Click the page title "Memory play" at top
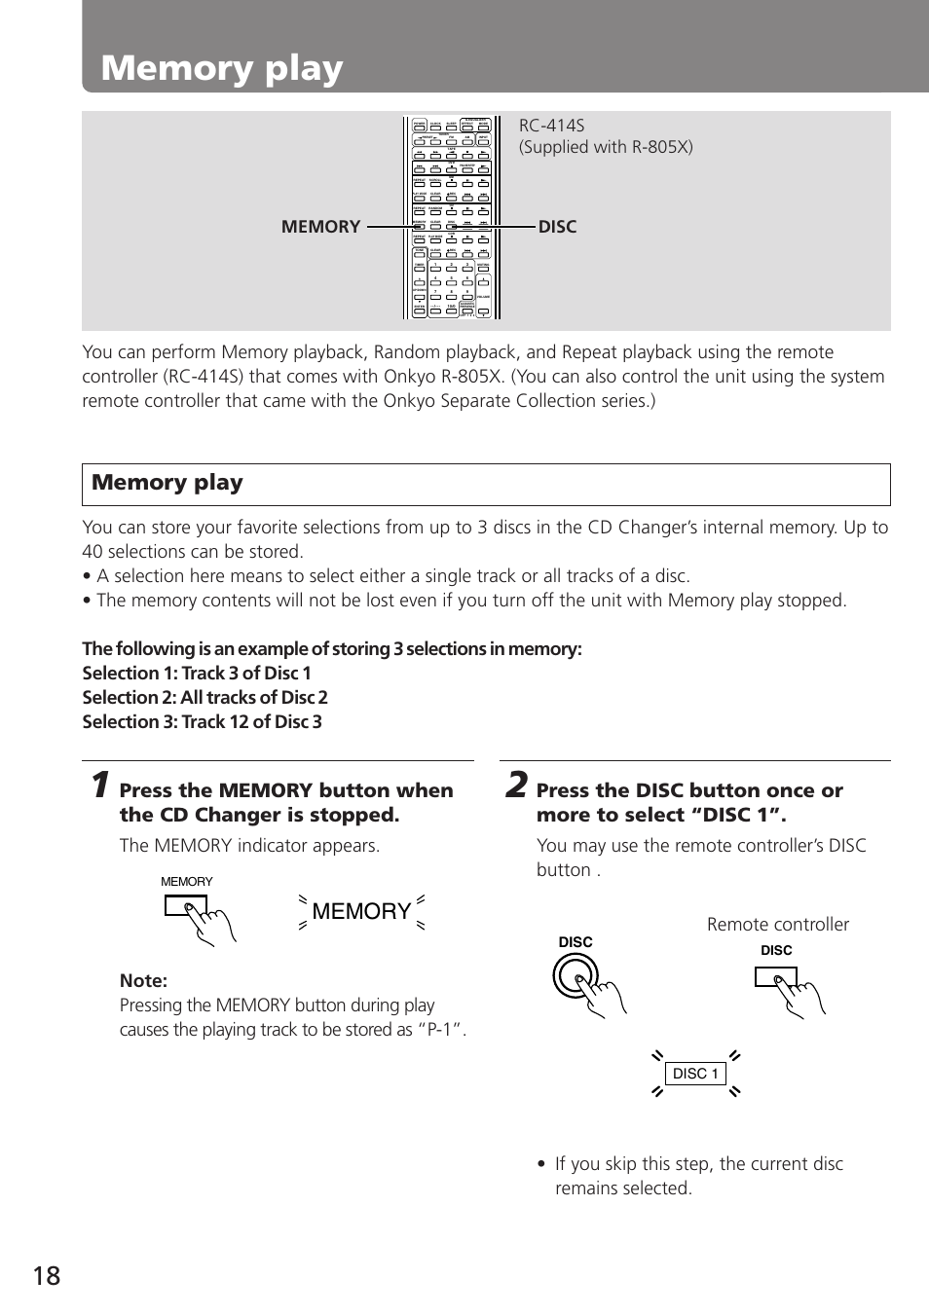point(222,68)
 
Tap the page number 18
point(47,1276)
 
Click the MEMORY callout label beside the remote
point(320,227)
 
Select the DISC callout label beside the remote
point(558,227)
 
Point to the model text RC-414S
point(552,126)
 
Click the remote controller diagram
point(451,218)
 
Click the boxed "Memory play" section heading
point(167,483)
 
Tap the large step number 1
point(98,786)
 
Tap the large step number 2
point(516,786)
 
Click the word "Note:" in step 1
point(143,980)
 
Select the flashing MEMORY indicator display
point(361,911)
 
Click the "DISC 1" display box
point(695,1074)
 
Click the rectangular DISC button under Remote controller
point(775,976)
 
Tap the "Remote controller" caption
point(777,925)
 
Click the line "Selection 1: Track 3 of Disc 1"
point(197,674)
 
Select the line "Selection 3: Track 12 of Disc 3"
point(202,722)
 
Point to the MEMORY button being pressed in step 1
point(186,907)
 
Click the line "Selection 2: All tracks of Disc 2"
point(204,698)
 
